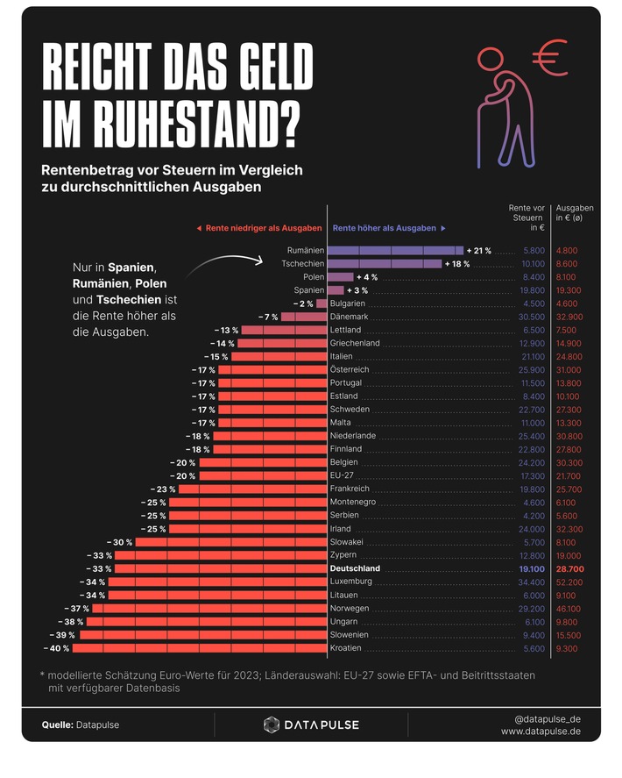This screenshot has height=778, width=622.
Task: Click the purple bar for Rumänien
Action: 395,251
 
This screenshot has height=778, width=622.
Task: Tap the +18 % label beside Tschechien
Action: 457,264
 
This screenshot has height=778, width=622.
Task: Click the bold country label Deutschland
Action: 356,569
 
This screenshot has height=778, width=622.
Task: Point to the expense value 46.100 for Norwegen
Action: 567,609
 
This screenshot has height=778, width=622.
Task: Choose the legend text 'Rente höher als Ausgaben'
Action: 384,228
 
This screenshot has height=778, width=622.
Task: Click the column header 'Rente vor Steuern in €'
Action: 527,218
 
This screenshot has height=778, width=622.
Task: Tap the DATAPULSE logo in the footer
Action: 311,724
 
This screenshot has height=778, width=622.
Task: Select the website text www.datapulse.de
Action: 540,732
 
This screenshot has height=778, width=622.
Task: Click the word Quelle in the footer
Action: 58,725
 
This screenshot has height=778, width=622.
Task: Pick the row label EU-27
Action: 343,475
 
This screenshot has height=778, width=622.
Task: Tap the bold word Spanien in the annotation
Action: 131,267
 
